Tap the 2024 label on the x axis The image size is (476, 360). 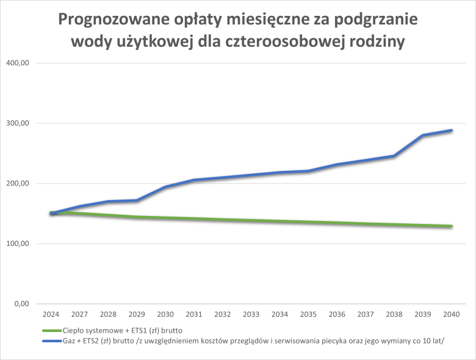pyautogui.click(x=51, y=314)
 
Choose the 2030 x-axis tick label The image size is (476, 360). pyautogui.click(x=165, y=314)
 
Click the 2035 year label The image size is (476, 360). pyautogui.click(x=308, y=314)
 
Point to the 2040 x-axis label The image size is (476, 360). pyautogui.click(x=451, y=314)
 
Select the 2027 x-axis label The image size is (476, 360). pyautogui.click(x=79, y=314)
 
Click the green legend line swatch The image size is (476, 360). pyautogui.click(x=51, y=330)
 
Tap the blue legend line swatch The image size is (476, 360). pyautogui.click(x=51, y=340)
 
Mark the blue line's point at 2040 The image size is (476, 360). pyautogui.click(x=451, y=130)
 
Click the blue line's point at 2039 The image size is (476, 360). pyautogui.click(x=422, y=135)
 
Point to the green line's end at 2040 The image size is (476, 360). pyautogui.click(x=451, y=226)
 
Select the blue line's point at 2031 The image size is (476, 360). pyautogui.click(x=194, y=180)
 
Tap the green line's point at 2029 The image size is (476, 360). pyautogui.click(x=137, y=217)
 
